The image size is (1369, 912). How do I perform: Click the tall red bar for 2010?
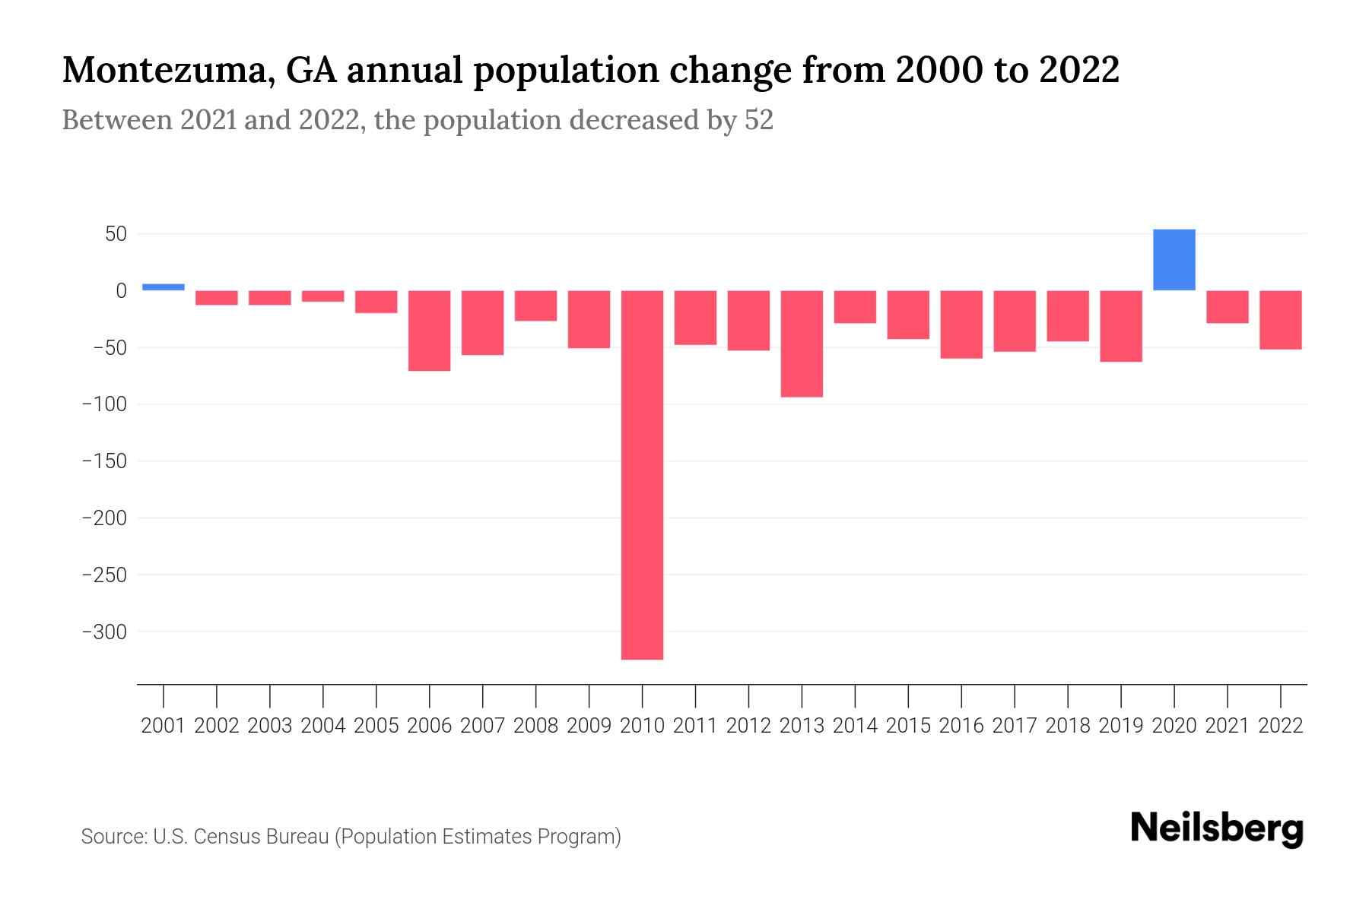pos(642,475)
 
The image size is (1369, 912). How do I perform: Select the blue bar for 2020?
pos(1174,260)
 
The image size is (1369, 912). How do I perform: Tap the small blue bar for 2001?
pos(164,287)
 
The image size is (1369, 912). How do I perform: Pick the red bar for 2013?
pos(802,344)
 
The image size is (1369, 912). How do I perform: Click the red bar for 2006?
pos(429,331)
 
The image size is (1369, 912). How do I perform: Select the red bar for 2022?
pos(1280,320)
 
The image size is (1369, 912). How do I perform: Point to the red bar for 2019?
pos(1120,326)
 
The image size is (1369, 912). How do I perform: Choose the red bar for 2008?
pos(535,306)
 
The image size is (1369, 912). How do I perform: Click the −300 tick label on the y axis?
pos(104,632)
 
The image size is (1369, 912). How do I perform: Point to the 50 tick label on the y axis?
pos(116,234)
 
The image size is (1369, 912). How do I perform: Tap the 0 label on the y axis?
pos(121,291)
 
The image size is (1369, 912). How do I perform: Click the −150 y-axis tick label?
pos(104,461)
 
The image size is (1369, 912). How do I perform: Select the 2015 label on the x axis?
pos(908,726)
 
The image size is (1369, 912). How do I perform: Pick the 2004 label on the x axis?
pos(322,726)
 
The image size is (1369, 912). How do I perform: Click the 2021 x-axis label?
pos(1227,726)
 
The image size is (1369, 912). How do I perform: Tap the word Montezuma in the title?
pos(168,70)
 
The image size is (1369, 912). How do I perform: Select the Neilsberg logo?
pos(1216,829)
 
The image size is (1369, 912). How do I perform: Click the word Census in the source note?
pos(225,837)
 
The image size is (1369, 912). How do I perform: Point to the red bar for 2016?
pos(961,325)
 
